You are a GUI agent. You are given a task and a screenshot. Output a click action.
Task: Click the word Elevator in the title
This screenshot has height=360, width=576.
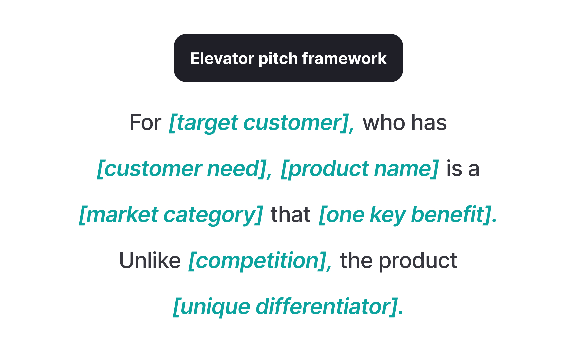pyautogui.click(x=222, y=58)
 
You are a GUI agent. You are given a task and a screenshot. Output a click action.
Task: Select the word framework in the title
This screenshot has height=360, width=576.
pyautogui.click(x=344, y=58)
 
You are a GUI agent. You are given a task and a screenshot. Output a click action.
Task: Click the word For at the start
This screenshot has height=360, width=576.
pyautogui.click(x=145, y=123)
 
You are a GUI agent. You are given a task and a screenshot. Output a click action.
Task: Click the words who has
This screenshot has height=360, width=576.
pyautogui.click(x=404, y=123)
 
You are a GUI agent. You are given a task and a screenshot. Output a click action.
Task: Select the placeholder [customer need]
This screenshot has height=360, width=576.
pyautogui.click(x=184, y=169)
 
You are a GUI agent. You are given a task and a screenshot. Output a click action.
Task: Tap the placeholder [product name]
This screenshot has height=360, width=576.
pyautogui.click(x=359, y=169)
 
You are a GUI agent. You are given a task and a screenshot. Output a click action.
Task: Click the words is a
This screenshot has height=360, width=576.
pyautogui.click(x=462, y=169)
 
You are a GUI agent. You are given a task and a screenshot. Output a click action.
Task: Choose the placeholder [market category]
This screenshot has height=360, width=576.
pyautogui.click(x=171, y=214)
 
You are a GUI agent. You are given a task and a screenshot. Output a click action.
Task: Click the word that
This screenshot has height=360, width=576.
pyautogui.click(x=290, y=214)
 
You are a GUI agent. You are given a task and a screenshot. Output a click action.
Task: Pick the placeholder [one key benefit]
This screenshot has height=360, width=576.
pyautogui.click(x=408, y=214)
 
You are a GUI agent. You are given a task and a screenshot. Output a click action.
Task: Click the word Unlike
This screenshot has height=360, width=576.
pyautogui.click(x=150, y=260)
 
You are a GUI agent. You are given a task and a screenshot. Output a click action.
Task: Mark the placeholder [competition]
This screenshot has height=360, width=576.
pyautogui.click(x=260, y=260)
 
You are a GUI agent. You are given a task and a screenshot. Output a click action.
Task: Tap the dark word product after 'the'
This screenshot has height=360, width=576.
pyautogui.click(x=418, y=260)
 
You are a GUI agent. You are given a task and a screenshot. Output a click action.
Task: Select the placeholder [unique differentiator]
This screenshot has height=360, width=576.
pyautogui.click(x=288, y=306)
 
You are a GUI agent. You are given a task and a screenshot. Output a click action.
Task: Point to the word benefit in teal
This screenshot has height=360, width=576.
pyautogui.click(x=448, y=214)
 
